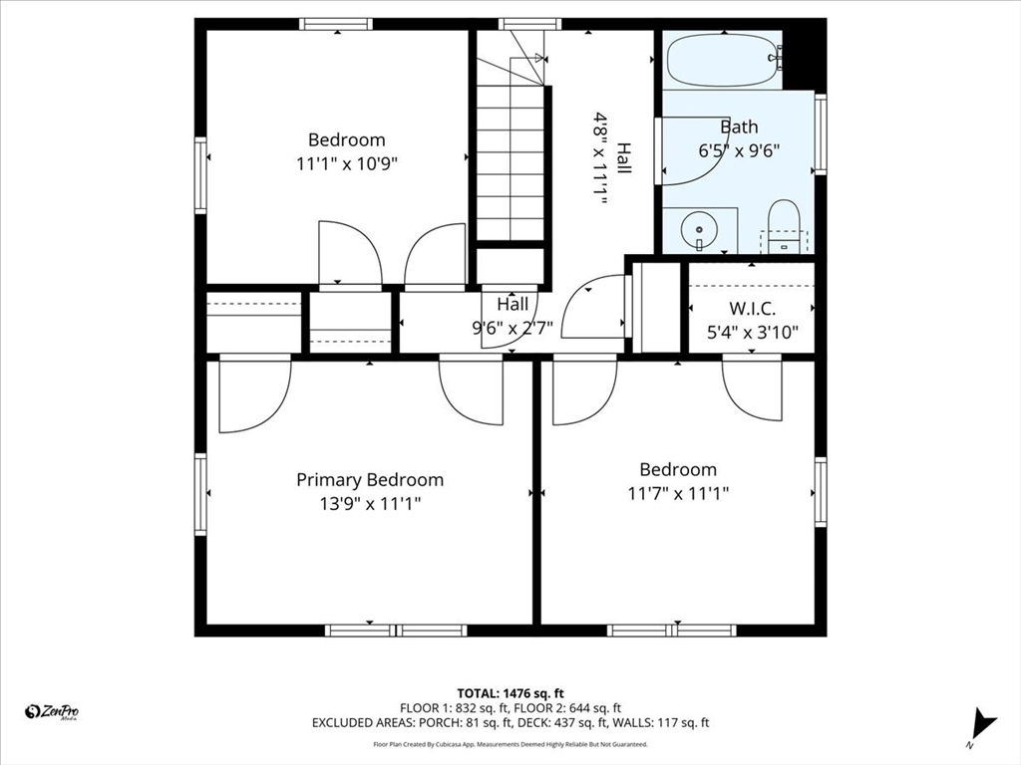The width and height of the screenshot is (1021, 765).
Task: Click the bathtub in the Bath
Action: click(723, 60)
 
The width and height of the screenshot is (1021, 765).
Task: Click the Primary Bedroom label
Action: click(370, 480)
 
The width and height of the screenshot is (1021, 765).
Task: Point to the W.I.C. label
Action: click(752, 309)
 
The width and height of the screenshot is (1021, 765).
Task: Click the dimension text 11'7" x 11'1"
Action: click(678, 494)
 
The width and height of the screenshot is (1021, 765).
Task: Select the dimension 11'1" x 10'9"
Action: click(346, 163)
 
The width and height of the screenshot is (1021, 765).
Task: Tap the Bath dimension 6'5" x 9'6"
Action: click(739, 151)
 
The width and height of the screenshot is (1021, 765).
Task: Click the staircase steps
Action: click(510, 162)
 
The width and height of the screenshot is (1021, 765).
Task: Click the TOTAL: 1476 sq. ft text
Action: click(510, 693)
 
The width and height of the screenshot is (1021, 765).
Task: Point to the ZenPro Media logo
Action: click(52, 712)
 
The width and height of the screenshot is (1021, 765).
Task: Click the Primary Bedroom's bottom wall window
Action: click(396, 631)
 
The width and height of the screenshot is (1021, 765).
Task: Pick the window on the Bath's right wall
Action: click(821, 134)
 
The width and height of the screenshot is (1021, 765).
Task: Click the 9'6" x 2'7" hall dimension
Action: click(512, 328)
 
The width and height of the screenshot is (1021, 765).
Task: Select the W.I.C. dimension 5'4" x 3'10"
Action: click(752, 333)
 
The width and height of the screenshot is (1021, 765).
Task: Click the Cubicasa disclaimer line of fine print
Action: click(510, 744)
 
